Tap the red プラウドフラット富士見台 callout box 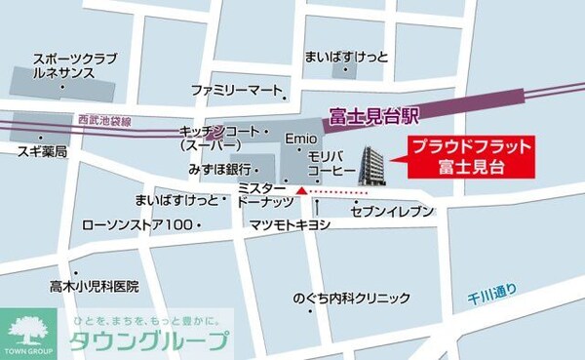coord(470,155)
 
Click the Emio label coord(296,139)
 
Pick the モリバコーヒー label coord(331,163)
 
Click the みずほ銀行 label coord(220,169)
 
